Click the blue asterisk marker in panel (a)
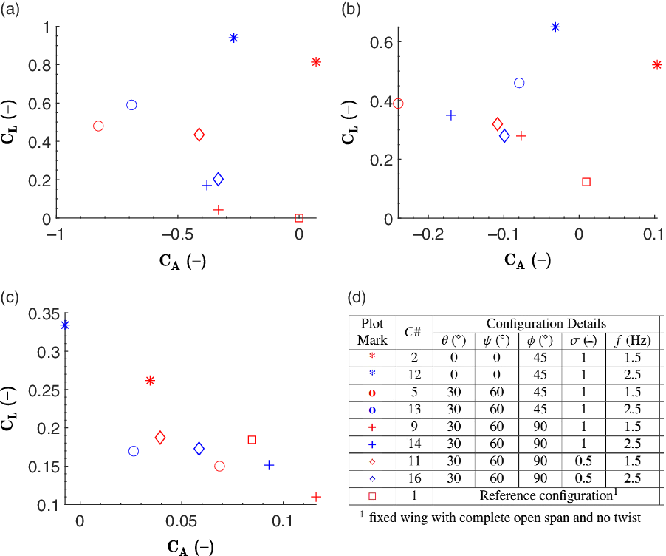pos(234,38)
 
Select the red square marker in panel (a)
pos(299,218)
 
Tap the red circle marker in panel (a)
pos(98,126)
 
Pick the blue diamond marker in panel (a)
pos(218,179)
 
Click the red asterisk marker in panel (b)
pos(657,65)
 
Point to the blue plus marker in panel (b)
pos(451,115)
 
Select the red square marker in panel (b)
pos(586,182)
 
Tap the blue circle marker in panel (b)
pos(519,83)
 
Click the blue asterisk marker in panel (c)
pos(66,325)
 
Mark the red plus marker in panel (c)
pos(316,497)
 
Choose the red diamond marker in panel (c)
pos(160,438)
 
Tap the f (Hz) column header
pos(632,342)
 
